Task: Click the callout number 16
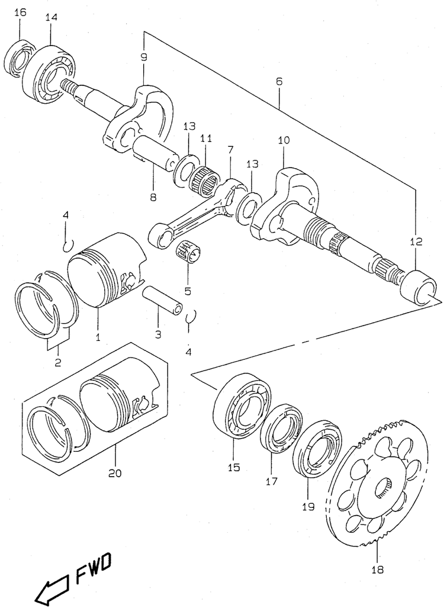pos(20,13)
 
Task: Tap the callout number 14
pos(51,17)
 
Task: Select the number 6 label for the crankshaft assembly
pos(279,81)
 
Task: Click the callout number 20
pos(115,473)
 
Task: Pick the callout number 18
pos(377,570)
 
